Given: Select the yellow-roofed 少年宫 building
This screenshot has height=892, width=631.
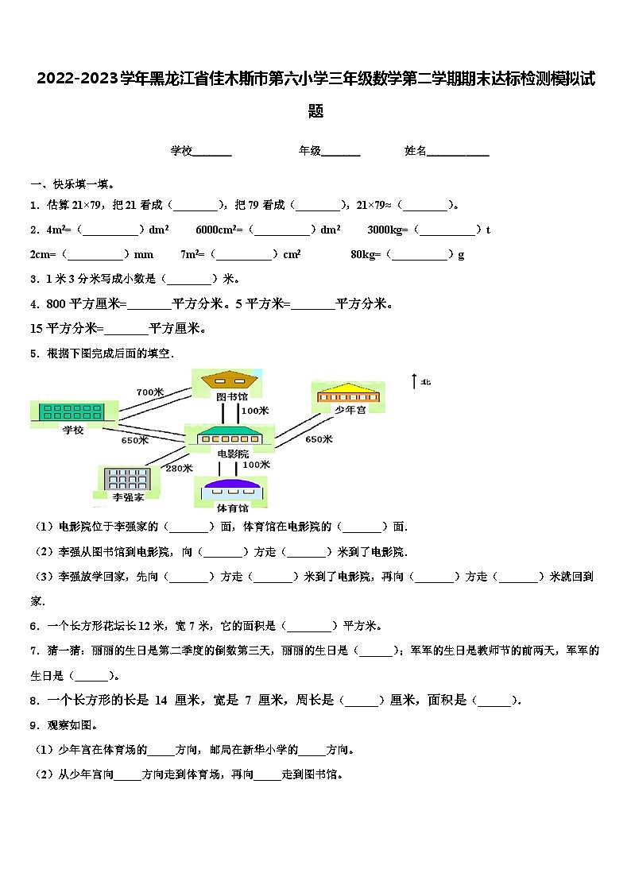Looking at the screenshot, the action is [350, 393].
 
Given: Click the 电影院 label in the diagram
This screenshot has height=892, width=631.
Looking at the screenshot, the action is [232, 454].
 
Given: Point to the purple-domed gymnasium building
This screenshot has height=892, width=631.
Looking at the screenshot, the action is [230, 488].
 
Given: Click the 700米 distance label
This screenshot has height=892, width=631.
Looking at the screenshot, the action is [149, 392].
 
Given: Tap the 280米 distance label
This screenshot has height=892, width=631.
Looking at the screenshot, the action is [179, 468].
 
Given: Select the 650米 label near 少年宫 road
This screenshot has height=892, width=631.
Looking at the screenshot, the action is [319, 439].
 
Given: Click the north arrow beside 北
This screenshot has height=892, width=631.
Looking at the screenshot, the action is [414, 382].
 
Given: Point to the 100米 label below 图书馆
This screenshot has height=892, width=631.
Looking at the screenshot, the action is [254, 411].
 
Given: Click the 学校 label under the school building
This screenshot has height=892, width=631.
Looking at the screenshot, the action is [73, 429].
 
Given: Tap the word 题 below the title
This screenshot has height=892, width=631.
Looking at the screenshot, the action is [315, 111].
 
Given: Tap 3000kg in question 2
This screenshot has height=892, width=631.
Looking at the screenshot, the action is [388, 230].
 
